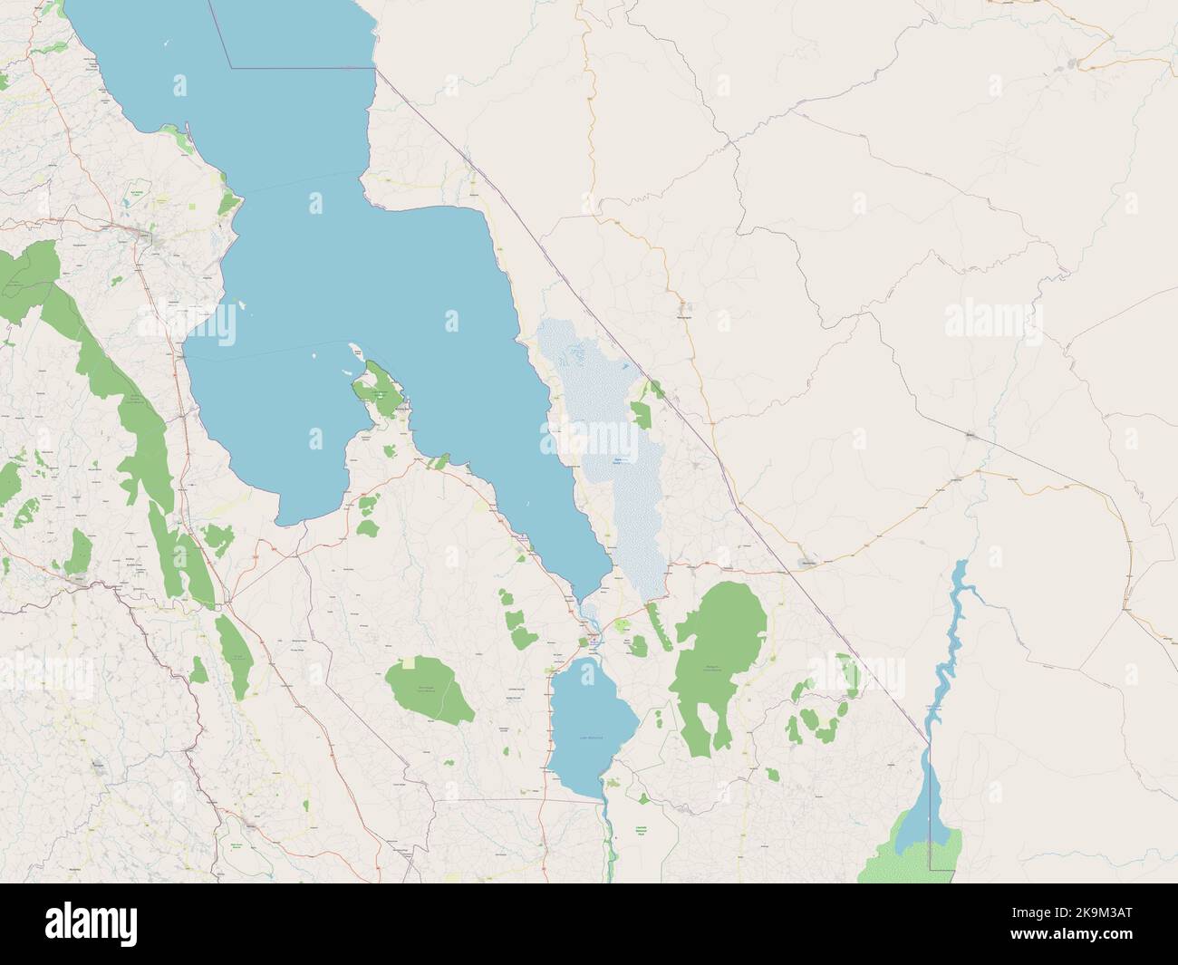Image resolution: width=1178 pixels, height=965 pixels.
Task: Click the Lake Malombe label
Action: tap(592, 738)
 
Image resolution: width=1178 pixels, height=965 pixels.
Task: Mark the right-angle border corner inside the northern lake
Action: tap(232, 66)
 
